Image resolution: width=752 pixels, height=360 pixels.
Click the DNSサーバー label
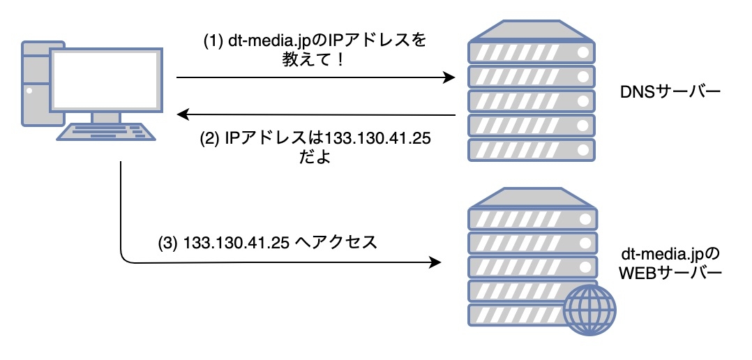(x=668, y=92)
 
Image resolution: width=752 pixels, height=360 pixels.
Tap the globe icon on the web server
(x=589, y=307)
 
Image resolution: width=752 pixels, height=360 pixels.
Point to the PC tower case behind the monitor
(x=32, y=84)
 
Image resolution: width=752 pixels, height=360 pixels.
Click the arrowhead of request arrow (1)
(x=451, y=78)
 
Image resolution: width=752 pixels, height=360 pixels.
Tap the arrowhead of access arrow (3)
(x=435, y=263)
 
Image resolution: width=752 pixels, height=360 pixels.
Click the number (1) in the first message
(x=212, y=42)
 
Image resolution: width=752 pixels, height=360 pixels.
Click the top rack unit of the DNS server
(x=530, y=52)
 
